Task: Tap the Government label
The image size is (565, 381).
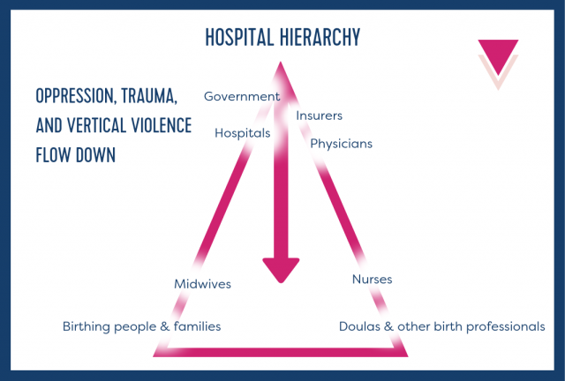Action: tap(242, 96)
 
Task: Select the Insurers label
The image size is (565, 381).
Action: tap(320, 116)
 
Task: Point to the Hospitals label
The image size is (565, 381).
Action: tap(243, 133)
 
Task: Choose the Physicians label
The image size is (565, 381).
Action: tap(341, 143)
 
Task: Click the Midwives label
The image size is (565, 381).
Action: tap(203, 283)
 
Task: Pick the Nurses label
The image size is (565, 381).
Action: tap(372, 280)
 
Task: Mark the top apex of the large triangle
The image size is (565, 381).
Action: tap(280, 63)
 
